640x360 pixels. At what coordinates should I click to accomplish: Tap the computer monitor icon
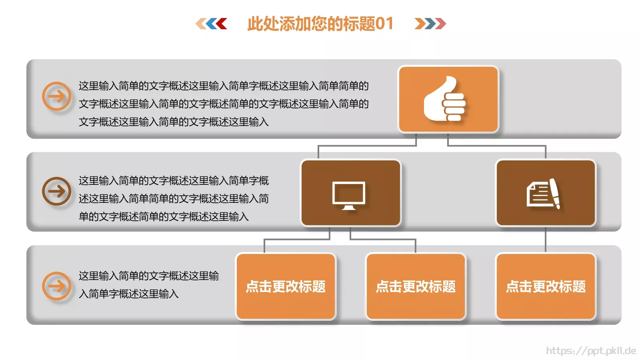tap(349, 195)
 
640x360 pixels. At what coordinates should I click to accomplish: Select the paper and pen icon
tap(543, 194)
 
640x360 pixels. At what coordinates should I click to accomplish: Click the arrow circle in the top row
tap(56, 96)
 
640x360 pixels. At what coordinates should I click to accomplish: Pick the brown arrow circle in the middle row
tap(56, 191)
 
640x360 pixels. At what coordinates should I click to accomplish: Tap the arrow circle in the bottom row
tap(56, 286)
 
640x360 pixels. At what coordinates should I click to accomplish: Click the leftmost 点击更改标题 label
tap(286, 286)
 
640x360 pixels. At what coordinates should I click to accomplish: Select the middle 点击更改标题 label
tap(416, 286)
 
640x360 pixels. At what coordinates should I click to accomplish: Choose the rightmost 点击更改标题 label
tap(546, 286)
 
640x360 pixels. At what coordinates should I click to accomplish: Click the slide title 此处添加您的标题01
tap(320, 24)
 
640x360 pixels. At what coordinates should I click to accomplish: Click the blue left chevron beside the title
tap(211, 24)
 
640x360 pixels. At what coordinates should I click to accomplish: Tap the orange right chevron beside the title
tap(420, 24)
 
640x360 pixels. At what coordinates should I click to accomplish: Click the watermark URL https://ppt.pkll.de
tap(591, 351)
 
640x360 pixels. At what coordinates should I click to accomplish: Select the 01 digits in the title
tap(385, 24)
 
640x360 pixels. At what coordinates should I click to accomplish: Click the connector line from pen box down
tap(546, 239)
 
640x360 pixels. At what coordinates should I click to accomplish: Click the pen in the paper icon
tap(555, 193)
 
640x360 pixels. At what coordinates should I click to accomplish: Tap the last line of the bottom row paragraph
tap(128, 294)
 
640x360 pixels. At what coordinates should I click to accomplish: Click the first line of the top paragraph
tap(223, 86)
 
